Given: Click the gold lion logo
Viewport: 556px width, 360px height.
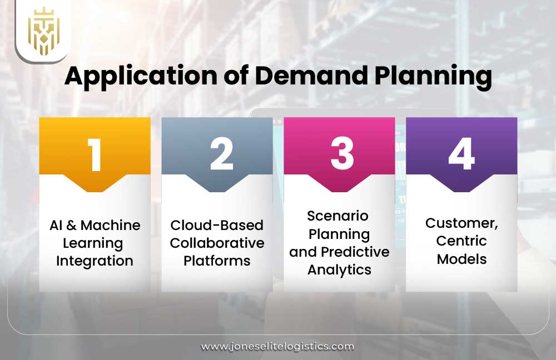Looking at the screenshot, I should pos(43,31).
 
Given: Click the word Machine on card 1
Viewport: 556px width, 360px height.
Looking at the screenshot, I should pos(111,225).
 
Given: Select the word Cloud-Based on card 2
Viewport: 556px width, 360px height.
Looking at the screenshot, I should pos(217,225).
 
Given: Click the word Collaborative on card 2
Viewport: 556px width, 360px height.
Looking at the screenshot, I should pos(217,243).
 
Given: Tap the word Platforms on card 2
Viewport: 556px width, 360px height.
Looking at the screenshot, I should pos(217,261).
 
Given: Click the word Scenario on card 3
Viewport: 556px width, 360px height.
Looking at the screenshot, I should pos(339,216).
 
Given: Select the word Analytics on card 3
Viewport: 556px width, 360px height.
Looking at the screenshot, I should pos(339,270).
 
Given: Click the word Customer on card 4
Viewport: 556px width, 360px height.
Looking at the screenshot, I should pos(460,223).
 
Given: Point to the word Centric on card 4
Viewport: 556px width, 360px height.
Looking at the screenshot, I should pos(461,241).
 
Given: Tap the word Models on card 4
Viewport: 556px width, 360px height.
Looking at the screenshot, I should pos(461,259).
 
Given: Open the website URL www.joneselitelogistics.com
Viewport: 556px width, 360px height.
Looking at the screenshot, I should pos(277,347).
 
